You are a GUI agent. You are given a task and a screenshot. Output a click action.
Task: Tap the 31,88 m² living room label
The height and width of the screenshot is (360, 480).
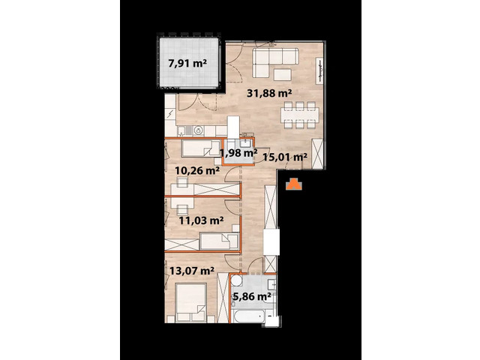(270, 94)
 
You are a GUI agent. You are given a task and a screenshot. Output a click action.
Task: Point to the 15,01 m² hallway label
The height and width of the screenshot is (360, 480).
(286, 157)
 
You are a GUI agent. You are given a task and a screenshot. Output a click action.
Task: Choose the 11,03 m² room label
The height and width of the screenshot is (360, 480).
(201, 220)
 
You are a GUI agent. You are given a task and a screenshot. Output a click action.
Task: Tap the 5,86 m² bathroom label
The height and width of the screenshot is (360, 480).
(251, 296)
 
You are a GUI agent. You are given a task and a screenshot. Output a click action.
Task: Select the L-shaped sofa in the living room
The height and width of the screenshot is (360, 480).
(271, 59)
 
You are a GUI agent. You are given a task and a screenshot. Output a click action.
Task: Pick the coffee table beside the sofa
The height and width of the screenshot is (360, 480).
(283, 73)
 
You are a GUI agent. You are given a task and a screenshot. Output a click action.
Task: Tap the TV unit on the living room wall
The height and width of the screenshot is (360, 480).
(321, 71)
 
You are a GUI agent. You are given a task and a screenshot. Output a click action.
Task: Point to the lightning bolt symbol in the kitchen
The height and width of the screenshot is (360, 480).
(172, 113)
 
